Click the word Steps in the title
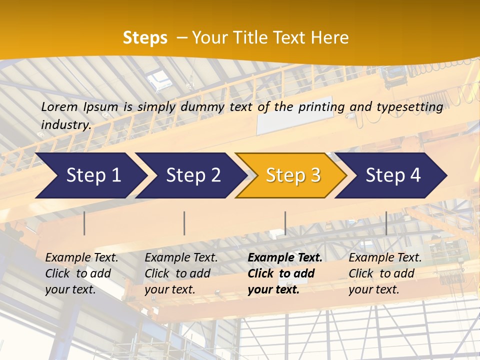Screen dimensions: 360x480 coord(145,38)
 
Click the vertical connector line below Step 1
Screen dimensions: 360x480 coord(84,223)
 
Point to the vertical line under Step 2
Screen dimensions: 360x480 coord(184,223)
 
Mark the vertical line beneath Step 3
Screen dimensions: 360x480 coord(285,223)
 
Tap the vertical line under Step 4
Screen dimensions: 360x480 coord(386,223)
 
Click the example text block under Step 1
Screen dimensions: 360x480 coord(81,273)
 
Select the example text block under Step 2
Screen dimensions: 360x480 coord(181,273)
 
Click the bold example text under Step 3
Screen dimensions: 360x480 coord(284,273)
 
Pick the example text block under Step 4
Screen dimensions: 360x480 coord(385,273)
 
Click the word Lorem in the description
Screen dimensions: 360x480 coord(59,107)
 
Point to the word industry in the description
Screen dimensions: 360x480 coord(65,125)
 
